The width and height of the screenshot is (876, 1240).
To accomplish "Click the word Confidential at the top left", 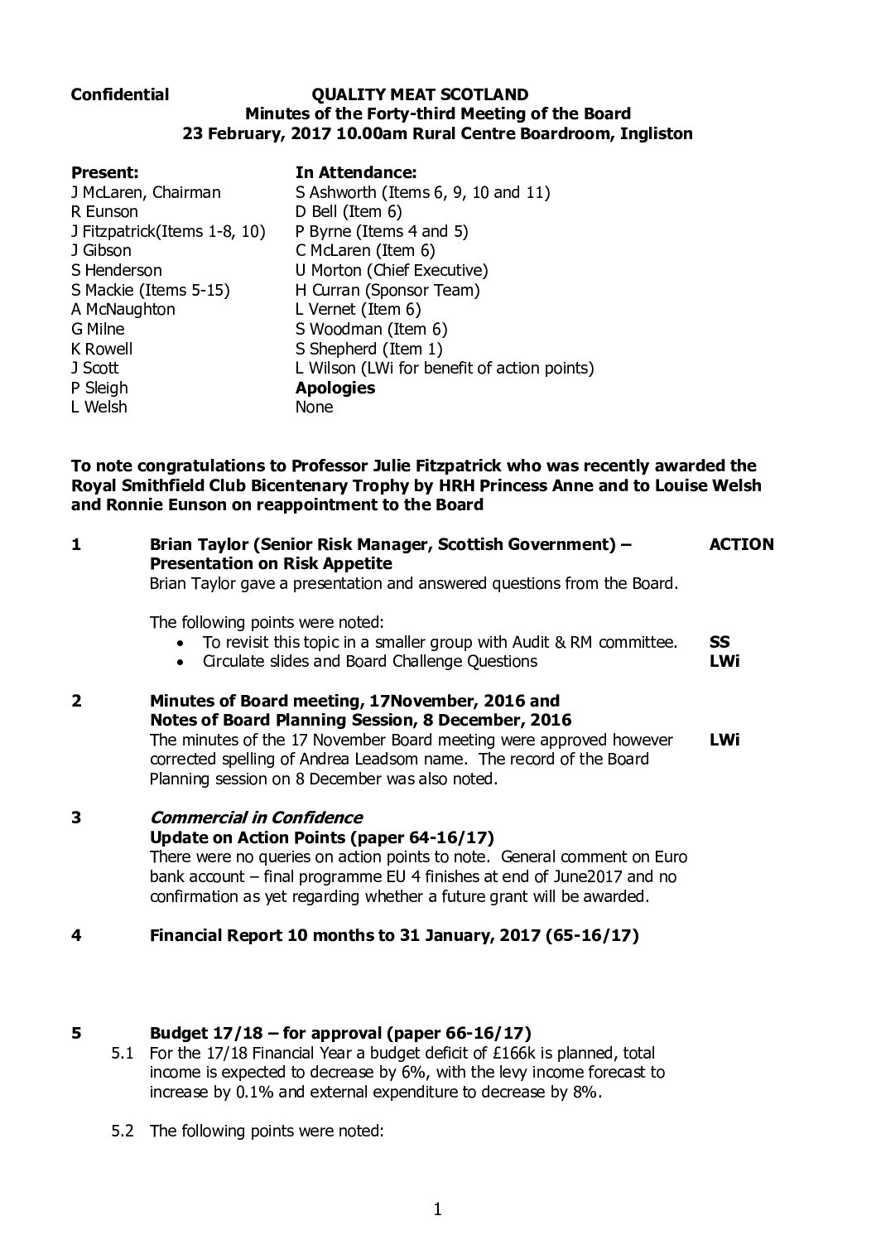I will (120, 95).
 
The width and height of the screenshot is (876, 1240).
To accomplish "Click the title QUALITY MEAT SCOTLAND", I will (419, 95).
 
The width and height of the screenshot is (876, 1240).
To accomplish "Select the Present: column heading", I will (105, 172).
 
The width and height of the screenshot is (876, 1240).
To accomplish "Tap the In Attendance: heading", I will (355, 172).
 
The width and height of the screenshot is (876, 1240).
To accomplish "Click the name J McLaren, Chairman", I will (146, 192).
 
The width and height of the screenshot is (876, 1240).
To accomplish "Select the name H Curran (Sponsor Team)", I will (387, 290).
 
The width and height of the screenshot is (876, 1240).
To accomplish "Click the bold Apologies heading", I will (335, 388).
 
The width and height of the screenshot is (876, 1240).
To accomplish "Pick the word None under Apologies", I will (314, 407).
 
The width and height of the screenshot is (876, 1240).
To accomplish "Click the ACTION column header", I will (741, 544).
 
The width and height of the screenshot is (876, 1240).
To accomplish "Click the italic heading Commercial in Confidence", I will (256, 818).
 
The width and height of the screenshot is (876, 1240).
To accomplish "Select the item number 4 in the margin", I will (76, 936).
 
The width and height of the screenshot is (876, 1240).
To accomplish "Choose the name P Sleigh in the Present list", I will (99, 388).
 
